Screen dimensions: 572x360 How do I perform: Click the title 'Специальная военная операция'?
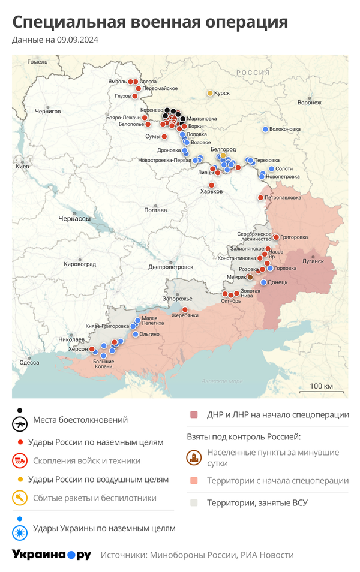[150, 22]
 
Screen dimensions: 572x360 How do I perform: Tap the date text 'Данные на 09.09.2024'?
[55, 40]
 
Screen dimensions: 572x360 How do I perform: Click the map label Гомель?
[37, 62]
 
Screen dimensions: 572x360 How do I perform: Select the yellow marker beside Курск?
[210, 93]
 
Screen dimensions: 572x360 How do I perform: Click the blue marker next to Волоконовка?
[265, 129]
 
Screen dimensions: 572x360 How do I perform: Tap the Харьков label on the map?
[211, 191]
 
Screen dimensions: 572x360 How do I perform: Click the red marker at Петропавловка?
[261, 197]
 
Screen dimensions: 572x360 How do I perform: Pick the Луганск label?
[312, 261]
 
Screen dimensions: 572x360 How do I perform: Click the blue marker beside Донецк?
[263, 282]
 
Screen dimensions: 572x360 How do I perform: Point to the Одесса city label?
[29, 362]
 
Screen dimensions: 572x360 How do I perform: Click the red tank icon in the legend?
[20, 461]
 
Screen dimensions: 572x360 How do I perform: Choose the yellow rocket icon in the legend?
[20, 498]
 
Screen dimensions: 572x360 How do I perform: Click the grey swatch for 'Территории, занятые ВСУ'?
[194, 502]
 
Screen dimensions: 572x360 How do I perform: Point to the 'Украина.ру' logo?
[52, 555]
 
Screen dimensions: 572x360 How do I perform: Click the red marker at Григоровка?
[276, 237]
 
